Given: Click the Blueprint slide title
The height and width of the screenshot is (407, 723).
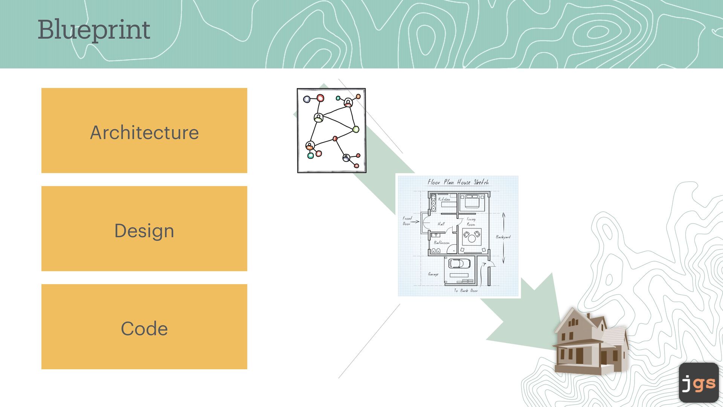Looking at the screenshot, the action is point(94,30).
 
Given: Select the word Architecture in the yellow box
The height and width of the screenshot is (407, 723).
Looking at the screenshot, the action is point(144,132).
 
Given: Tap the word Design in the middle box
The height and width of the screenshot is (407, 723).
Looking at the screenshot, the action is point(144,231).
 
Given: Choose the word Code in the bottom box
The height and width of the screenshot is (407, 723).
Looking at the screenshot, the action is point(144,329).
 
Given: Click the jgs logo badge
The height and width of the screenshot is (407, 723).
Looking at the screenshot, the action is point(699,383).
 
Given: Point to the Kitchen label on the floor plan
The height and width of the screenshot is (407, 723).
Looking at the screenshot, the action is point(444,199).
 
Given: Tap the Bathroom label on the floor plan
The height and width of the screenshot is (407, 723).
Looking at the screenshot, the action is point(442,243).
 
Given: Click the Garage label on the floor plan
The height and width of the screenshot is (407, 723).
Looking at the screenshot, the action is point(433,274).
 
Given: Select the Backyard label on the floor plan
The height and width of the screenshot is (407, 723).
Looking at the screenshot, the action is point(503,237).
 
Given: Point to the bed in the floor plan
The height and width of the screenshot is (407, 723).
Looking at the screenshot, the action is point(472,201).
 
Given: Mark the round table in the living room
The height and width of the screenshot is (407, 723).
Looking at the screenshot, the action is point(472,238).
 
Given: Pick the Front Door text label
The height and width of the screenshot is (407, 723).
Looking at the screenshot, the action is point(407,221).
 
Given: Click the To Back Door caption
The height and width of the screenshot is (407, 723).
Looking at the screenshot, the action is point(466,291).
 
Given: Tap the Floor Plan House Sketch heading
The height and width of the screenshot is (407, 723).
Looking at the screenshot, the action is point(458,182).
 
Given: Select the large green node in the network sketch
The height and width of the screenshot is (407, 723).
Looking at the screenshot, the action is point(355,130).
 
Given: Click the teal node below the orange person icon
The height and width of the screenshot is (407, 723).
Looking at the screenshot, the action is point(311,156).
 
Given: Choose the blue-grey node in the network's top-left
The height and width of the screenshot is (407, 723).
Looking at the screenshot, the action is point(307,99).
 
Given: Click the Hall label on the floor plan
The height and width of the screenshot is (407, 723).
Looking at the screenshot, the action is point(441,224).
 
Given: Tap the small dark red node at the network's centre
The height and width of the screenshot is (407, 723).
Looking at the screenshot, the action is point(335,139).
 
